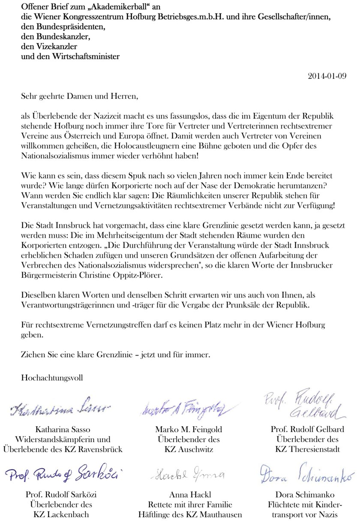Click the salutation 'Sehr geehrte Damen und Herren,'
[80, 96]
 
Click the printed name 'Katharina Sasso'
[63, 429]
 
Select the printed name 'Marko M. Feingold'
[189, 429]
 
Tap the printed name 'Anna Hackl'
[189, 494]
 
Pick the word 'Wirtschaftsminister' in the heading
[86, 56]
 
